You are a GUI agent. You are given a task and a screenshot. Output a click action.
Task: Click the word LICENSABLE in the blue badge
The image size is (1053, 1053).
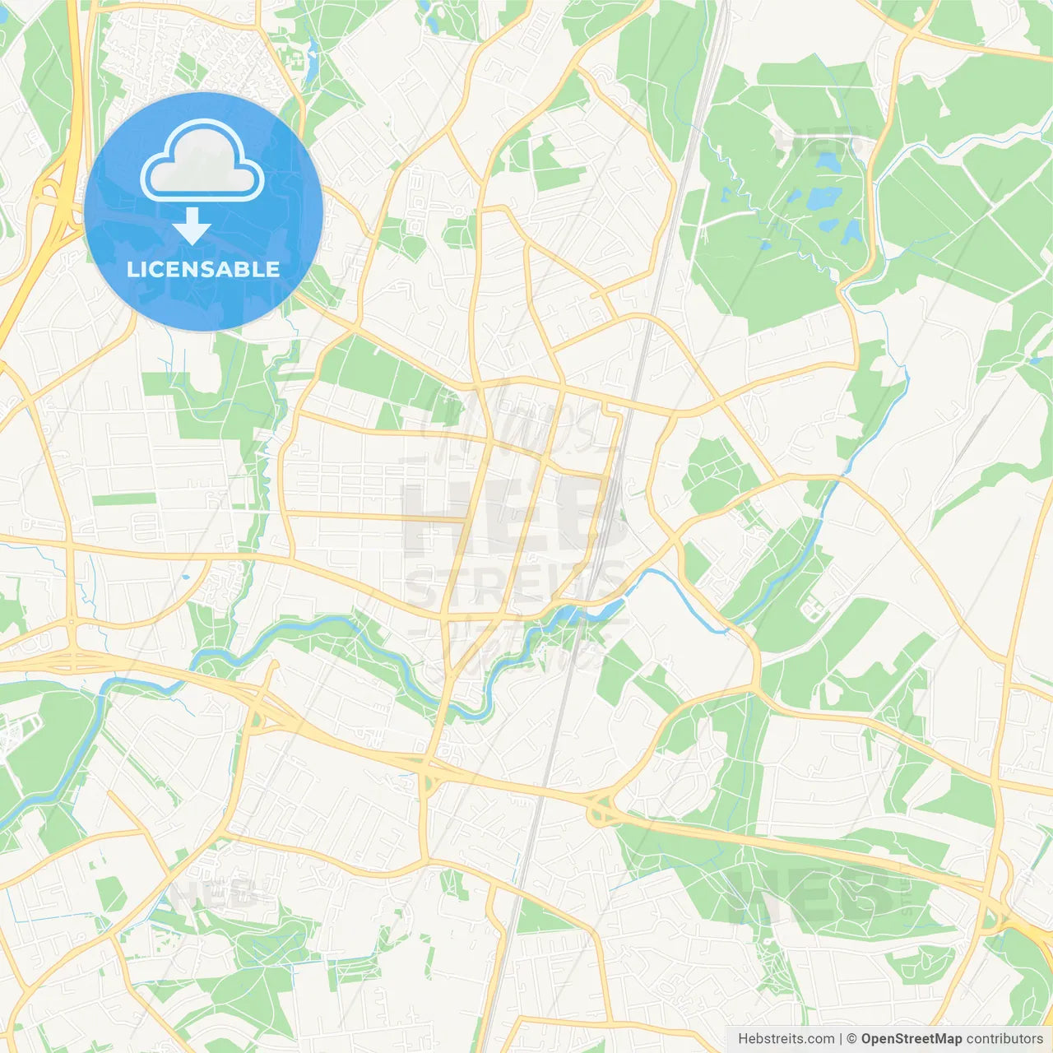pyautogui.click(x=203, y=269)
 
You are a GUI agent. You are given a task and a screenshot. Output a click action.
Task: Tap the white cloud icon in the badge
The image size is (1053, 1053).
pyautogui.click(x=202, y=161)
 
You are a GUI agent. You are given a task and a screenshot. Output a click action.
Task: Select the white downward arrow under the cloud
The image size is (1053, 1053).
pyautogui.click(x=192, y=225)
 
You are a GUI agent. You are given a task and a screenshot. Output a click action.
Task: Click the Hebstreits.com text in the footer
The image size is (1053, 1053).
pyautogui.click(x=786, y=1039)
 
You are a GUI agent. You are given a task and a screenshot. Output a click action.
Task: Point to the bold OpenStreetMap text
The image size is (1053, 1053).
pyautogui.click(x=911, y=1039)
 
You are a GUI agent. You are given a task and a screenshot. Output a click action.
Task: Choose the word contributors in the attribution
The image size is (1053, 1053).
pyautogui.click(x=1004, y=1039)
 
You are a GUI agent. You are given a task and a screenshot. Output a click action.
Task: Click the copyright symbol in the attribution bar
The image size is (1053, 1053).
pyautogui.click(x=852, y=1039)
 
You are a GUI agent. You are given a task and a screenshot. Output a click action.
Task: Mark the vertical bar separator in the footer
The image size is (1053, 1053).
pyautogui.click(x=841, y=1039)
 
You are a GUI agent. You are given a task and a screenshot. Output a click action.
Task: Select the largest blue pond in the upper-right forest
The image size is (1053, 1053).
pyautogui.click(x=823, y=198)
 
